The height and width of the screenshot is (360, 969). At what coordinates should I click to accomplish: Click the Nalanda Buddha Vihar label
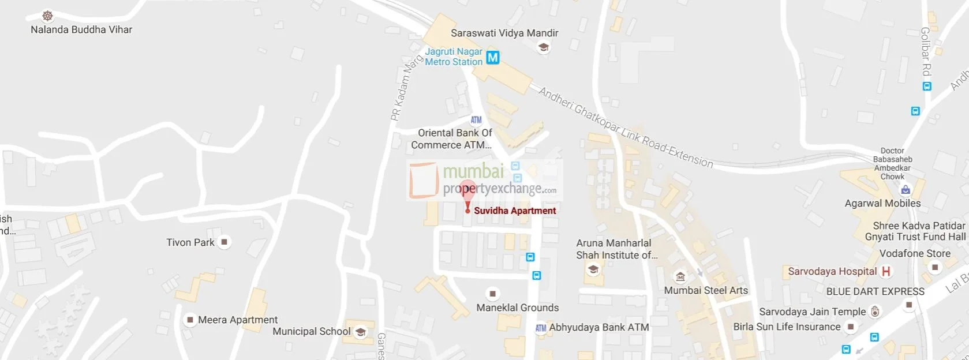tap(81, 29)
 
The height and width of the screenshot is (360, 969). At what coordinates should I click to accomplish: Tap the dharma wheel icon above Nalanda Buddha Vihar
tap(48, 16)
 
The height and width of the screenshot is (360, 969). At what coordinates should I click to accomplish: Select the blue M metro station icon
tap(492, 58)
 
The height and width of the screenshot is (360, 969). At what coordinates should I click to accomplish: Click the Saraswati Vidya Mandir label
tap(504, 33)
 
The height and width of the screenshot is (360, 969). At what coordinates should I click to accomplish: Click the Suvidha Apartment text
tap(515, 211)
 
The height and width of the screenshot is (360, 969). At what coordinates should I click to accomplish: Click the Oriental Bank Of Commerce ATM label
tap(451, 139)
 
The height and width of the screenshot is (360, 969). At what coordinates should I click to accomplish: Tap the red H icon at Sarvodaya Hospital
tap(886, 271)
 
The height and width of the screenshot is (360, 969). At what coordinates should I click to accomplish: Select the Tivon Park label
tap(190, 242)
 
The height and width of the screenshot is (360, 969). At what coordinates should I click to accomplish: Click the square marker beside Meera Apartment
tap(189, 320)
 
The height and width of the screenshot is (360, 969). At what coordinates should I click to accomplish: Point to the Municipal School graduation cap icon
tap(360, 332)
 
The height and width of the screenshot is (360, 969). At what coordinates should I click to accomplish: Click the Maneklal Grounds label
tap(517, 307)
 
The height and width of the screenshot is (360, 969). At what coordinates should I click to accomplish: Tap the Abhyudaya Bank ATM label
tap(598, 327)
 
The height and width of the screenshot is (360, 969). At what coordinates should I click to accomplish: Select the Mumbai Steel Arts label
tap(706, 290)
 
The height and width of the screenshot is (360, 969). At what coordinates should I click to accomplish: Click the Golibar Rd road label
tap(926, 52)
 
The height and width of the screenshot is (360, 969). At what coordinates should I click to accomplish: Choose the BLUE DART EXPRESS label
tap(875, 291)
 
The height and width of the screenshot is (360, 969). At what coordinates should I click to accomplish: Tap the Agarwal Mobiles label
tap(882, 203)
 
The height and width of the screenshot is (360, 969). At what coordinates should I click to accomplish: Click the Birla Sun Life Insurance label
tap(787, 327)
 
